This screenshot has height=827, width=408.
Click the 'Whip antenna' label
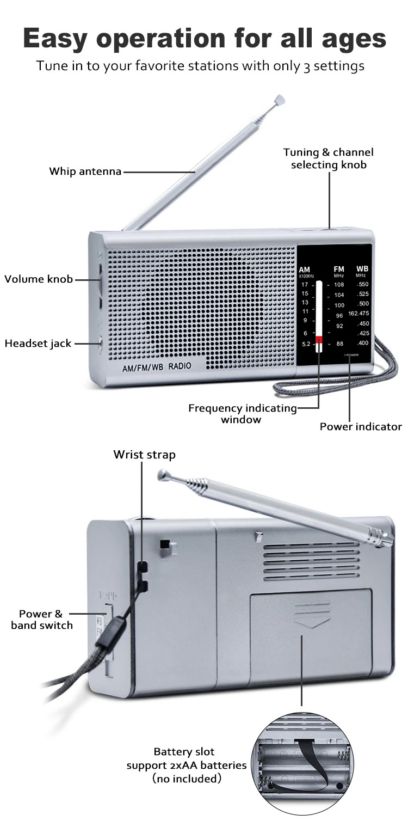[85, 171]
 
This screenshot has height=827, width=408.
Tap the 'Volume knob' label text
[39, 279]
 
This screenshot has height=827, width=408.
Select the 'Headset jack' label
[38, 344]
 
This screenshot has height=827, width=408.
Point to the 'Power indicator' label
[360, 427]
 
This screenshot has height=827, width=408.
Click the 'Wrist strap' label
[144, 455]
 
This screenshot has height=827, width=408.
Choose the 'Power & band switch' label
[41, 620]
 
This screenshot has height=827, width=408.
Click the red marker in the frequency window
[319, 340]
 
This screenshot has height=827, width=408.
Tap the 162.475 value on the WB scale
[358, 313]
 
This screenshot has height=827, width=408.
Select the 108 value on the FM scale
[339, 285]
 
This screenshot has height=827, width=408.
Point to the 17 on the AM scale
[305, 285]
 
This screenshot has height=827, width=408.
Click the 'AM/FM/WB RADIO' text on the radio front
[157, 366]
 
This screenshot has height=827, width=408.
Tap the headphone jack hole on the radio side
[101, 343]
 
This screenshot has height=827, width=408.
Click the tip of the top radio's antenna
[280, 100]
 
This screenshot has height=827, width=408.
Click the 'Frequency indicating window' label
[242, 413]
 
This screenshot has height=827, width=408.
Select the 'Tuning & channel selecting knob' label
[329, 158]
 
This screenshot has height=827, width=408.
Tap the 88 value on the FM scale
[339, 344]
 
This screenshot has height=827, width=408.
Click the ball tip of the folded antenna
[162, 475]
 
